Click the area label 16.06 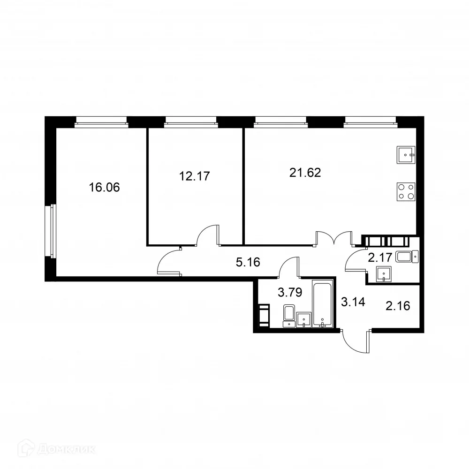click(x=104, y=188)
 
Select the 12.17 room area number click(x=194, y=176)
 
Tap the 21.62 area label click(x=305, y=173)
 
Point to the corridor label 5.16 click(x=248, y=262)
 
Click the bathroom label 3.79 click(x=289, y=293)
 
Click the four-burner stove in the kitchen click(x=406, y=191)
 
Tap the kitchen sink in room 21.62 click(x=406, y=155)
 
